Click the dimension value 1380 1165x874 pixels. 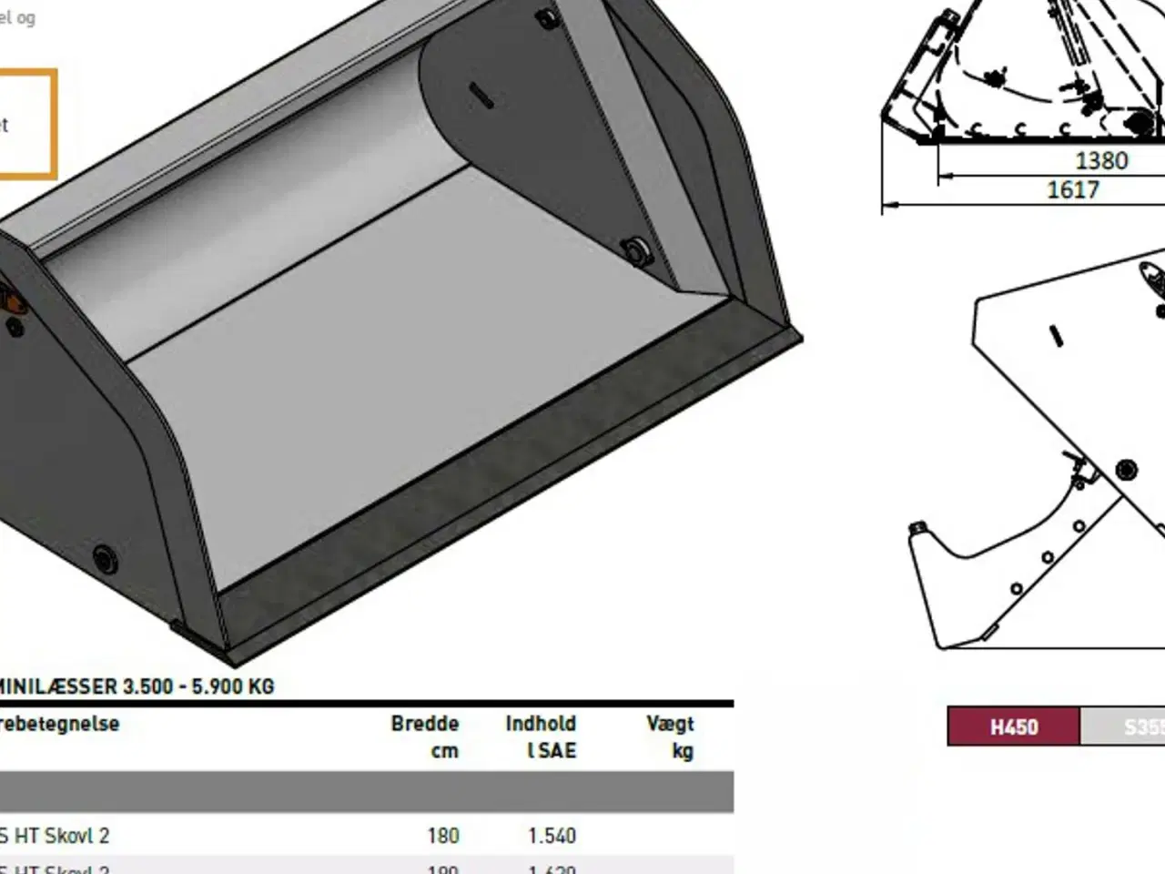tap(1101, 161)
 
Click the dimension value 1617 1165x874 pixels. tap(1073, 189)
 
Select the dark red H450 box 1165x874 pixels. tap(1013, 727)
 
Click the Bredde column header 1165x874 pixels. tap(424, 724)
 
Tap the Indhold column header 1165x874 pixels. tap(541, 724)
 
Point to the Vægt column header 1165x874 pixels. tap(670, 724)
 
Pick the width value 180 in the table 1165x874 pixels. tap(443, 835)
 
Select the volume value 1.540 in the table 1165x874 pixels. tap(552, 835)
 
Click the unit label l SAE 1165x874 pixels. tap(551, 751)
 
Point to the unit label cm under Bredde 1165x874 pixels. tap(444, 751)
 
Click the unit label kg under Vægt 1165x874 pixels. tap(682, 751)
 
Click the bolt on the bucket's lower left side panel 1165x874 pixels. tap(104, 556)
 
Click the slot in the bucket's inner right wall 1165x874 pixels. tap(482, 95)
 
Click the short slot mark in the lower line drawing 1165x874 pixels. tap(1056, 335)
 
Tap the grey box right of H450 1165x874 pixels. tap(1123, 727)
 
